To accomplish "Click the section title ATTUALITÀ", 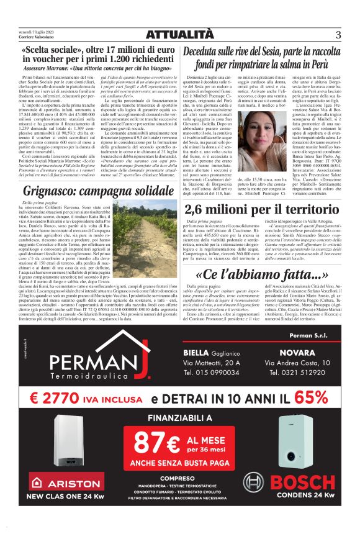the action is tap(180, 34).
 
